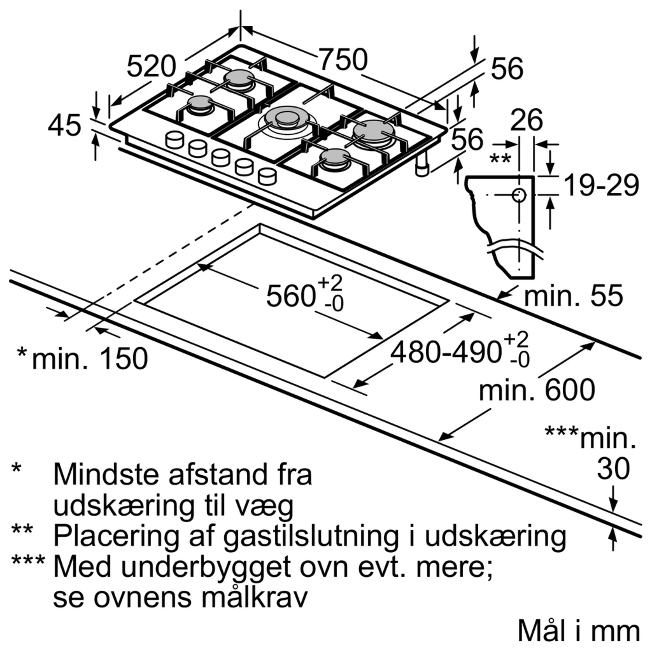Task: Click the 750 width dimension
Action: pos(343,59)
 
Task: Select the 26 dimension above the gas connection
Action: pos(526,120)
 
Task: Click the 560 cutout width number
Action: pos(291,296)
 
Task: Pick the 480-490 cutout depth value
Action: pos(445,353)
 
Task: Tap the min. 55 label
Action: pos(573,296)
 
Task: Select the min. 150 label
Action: pos(90,358)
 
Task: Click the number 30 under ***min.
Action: pos(613,469)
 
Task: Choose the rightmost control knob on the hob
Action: pos(267,176)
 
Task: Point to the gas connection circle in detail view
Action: pos(519,195)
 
